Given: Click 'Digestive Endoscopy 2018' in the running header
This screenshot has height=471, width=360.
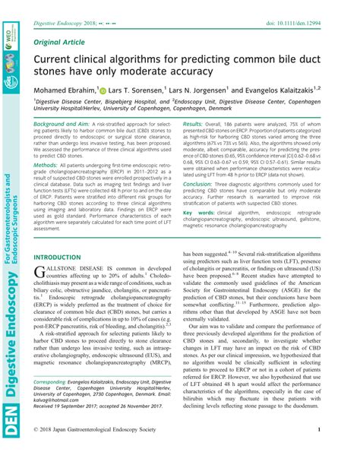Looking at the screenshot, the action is pyautogui.click(x=66, y=9).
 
